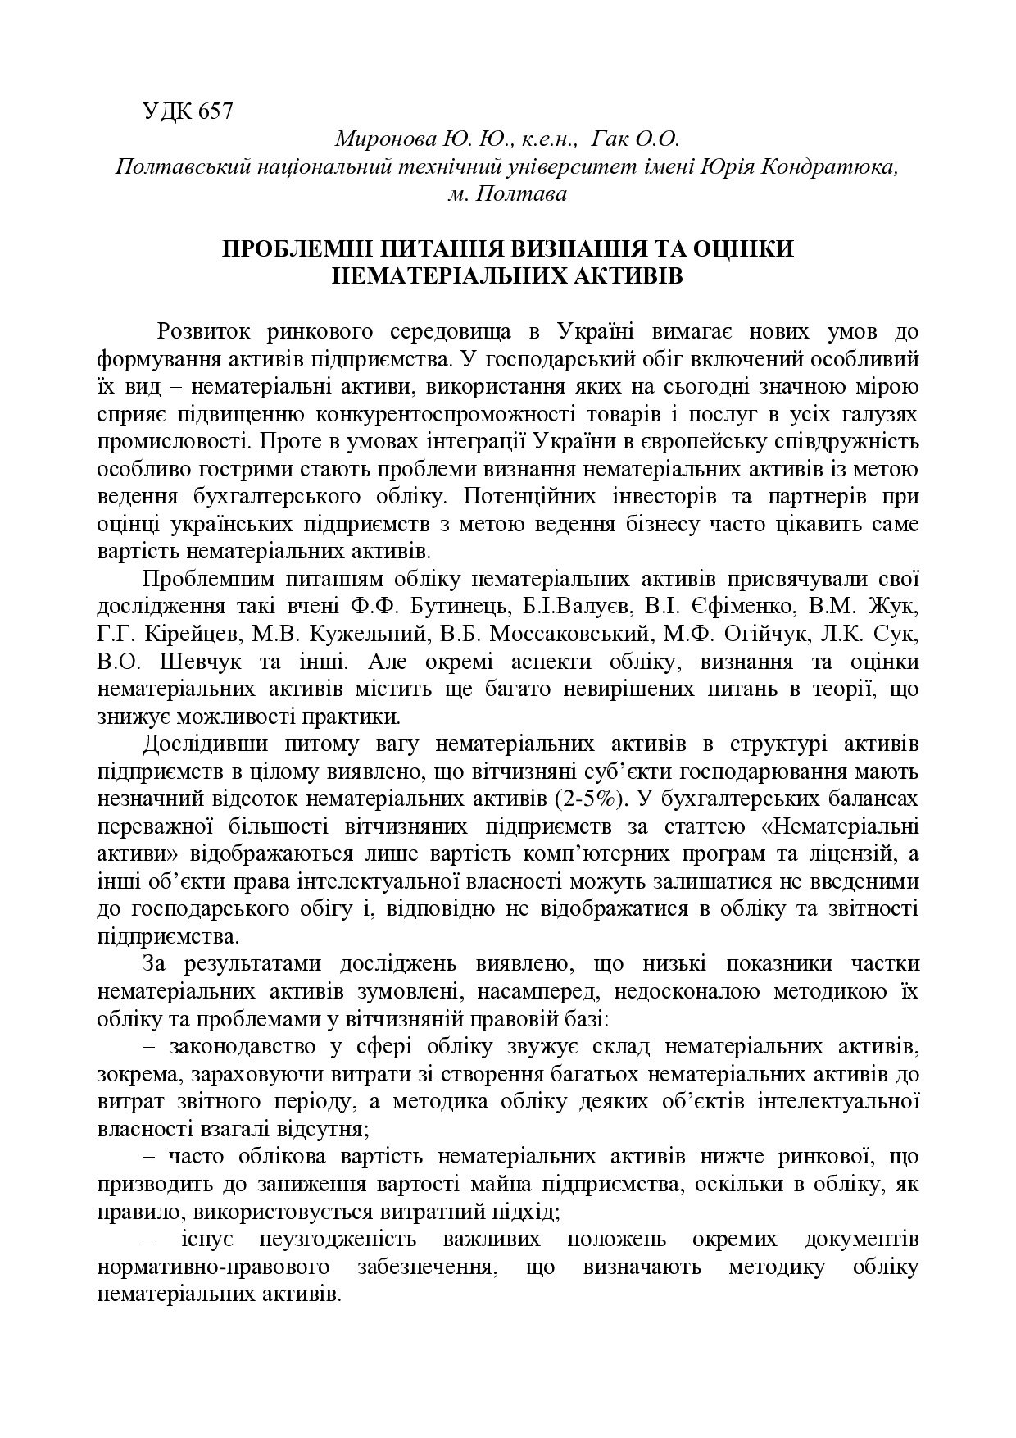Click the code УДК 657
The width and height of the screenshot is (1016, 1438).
[x=188, y=111]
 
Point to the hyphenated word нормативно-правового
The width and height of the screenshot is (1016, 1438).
[x=214, y=1267]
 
